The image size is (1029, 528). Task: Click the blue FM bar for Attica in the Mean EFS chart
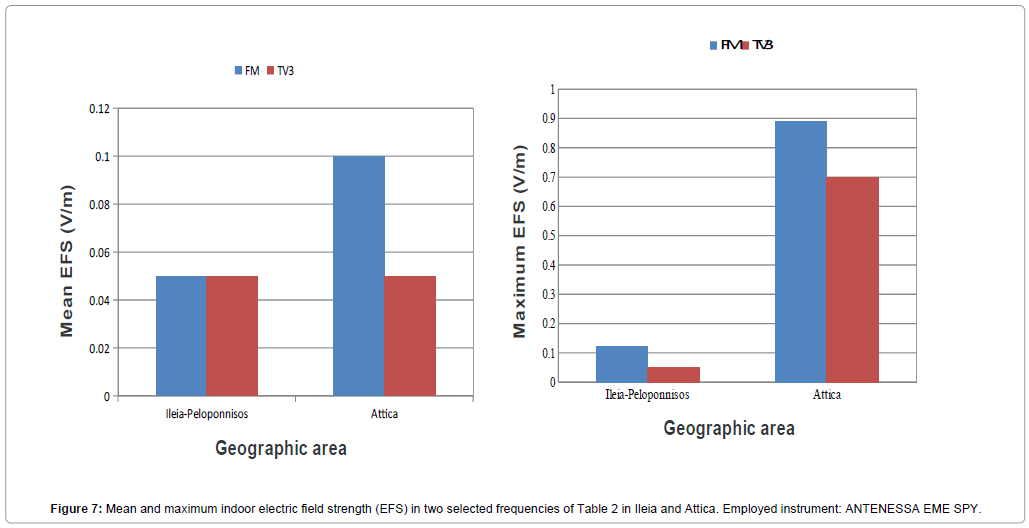358,276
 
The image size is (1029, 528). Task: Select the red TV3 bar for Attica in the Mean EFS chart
410,336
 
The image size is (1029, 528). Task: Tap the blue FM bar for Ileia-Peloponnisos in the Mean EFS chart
181,336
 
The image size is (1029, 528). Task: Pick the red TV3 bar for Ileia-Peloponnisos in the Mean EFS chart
232,336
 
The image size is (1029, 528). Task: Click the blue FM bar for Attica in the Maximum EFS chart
800,252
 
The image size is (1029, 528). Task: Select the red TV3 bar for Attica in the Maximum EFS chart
852,280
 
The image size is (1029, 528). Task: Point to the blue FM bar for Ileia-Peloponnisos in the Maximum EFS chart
622,364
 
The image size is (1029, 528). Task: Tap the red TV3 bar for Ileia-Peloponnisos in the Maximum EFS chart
674,375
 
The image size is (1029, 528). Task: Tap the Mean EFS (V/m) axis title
67,260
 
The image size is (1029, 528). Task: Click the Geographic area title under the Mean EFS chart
281,448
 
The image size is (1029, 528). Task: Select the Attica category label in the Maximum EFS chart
826,395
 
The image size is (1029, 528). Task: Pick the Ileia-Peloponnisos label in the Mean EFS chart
206,414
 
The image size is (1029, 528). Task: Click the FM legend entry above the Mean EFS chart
247,70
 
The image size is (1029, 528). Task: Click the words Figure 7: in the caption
76,509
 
